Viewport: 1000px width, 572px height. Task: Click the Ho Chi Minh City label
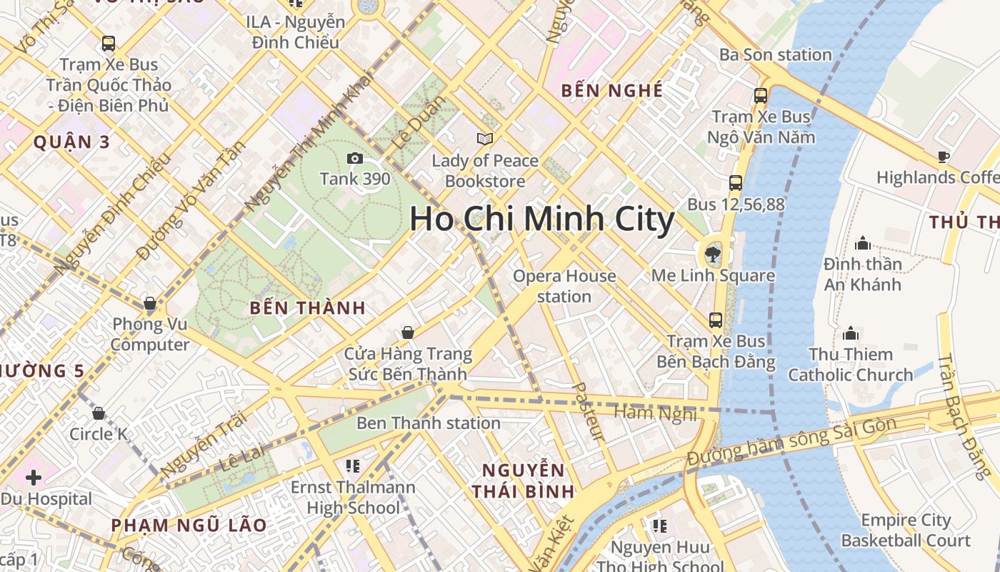pyautogui.click(x=541, y=220)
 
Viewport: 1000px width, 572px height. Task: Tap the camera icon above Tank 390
pyautogui.click(x=354, y=158)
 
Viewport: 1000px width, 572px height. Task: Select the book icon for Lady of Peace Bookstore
pyautogui.click(x=485, y=139)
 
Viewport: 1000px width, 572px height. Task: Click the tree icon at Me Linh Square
pyautogui.click(x=712, y=253)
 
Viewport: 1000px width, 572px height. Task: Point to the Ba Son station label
pyautogui.click(x=775, y=55)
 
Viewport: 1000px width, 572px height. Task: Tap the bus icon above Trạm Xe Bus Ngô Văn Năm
pyautogui.click(x=761, y=95)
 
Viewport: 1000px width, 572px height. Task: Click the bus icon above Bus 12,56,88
pyautogui.click(x=736, y=183)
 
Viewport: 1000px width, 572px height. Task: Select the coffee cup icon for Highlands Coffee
pyautogui.click(x=943, y=157)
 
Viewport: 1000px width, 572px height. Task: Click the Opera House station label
pyautogui.click(x=564, y=286)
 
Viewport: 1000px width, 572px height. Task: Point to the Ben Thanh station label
pyautogui.click(x=428, y=423)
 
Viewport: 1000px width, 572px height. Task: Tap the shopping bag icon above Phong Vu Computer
pyautogui.click(x=150, y=303)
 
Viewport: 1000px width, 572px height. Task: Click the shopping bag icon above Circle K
pyautogui.click(x=99, y=413)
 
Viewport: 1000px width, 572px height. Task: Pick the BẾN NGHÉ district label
pyautogui.click(x=612, y=91)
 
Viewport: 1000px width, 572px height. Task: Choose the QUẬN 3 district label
pyautogui.click(x=72, y=142)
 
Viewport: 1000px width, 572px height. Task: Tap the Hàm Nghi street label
pyautogui.click(x=655, y=413)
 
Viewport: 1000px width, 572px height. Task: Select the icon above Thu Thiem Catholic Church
pyautogui.click(x=850, y=333)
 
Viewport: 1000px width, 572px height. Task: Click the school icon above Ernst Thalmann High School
pyautogui.click(x=352, y=466)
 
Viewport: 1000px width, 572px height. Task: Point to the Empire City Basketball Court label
pyautogui.click(x=906, y=531)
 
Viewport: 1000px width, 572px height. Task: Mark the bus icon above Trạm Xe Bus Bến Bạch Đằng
pyautogui.click(x=716, y=320)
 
